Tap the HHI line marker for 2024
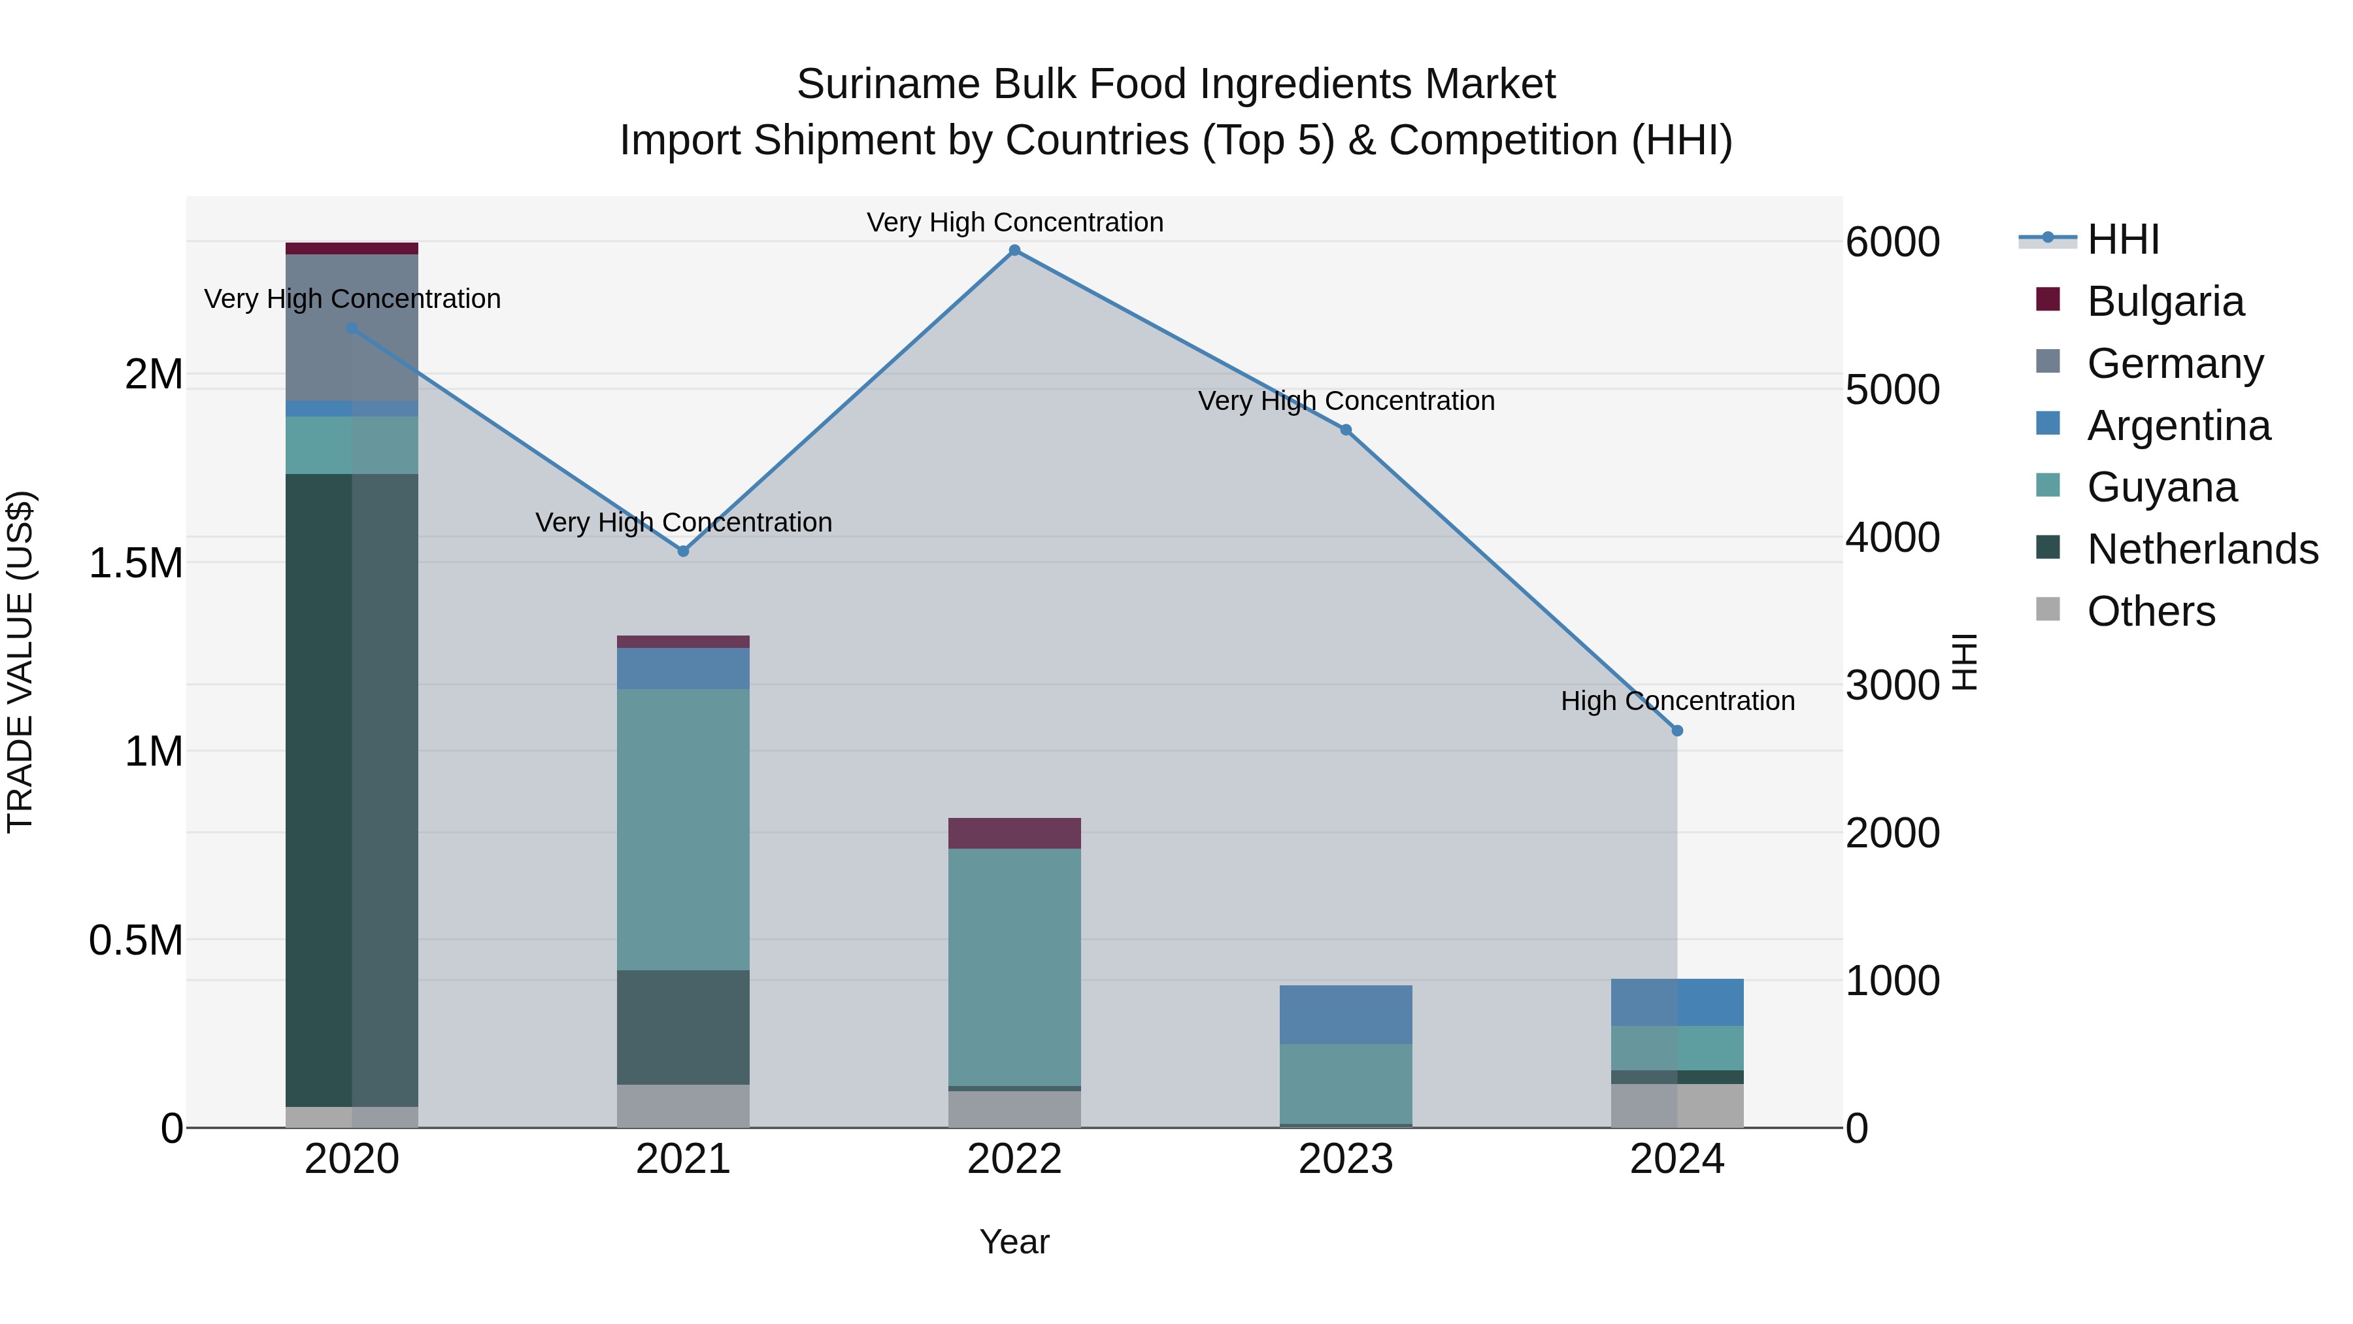(x=1677, y=730)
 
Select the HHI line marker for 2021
(x=683, y=551)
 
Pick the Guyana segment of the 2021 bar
(x=683, y=829)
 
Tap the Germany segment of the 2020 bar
(x=352, y=327)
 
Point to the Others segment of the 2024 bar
(x=1677, y=1106)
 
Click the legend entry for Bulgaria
(x=2165, y=301)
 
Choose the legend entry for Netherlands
(x=2202, y=549)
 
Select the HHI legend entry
(x=2123, y=239)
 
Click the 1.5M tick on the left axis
(x=136, y=563)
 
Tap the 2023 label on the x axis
(x=1346, y=1159)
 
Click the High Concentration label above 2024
(x=1677, y=701)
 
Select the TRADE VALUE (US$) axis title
(x=20, y=662)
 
